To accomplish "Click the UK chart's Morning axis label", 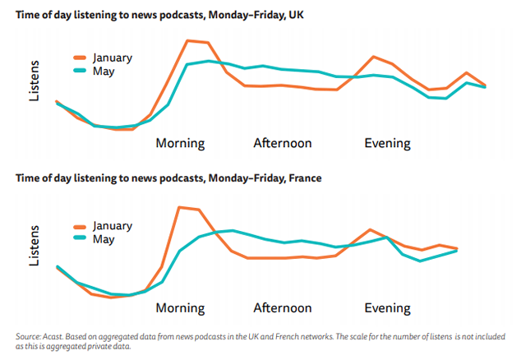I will click(180, 143).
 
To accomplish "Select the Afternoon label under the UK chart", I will click(282, 143).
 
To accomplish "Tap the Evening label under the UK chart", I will click(387, 143).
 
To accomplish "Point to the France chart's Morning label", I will click(180, 308).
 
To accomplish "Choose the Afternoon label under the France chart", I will click(282, 308).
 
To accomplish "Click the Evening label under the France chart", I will click(387, 308).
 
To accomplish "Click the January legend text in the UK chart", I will click(113, 58).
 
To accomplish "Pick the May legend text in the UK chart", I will click(104, 72).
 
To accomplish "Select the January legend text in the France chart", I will click(113, 225).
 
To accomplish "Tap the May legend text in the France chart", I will click(104, 239).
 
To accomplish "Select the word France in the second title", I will click(303, 178).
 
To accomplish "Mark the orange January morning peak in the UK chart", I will click(188, 40).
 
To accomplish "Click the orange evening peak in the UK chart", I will click(374, 57).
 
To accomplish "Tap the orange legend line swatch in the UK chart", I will click(80, 58).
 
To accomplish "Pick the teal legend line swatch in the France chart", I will click(80, 239).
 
